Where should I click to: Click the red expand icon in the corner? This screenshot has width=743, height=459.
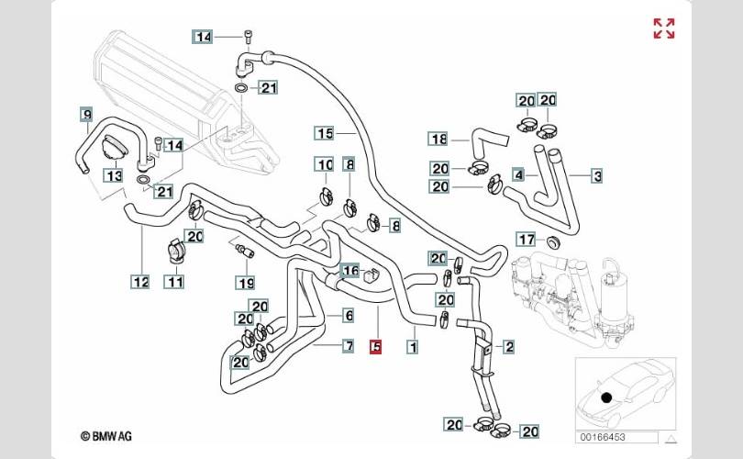[x=664, y=28]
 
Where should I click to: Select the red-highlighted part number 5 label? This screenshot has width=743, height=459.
[x=375, y=347]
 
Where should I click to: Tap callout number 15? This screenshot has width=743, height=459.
[x=323, y=133]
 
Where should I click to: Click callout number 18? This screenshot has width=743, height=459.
[x=438, y=139]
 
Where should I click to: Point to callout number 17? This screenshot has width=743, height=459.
[x=526, y=240]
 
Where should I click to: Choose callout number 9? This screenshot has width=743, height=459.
[x=86, y=115]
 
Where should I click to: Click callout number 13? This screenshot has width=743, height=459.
[x=113, y=175]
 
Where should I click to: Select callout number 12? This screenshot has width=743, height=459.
[x=139, y=283]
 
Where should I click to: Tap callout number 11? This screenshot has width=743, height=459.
[x=174, y=283]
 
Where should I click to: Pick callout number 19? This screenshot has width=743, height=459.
[x=246, y=283]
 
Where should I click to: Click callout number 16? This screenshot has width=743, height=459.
[x=350, y=271]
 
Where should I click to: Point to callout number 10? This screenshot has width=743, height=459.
[x=324, y=165]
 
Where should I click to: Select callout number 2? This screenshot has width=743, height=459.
[x=509, y=347]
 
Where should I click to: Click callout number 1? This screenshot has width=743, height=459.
[x=413, y=347]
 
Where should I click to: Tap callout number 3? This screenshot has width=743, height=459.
[x=597, y=174]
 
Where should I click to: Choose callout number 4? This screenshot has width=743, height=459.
[x=519, y=174]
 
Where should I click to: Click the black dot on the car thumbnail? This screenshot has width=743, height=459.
[x=605, y=397]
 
